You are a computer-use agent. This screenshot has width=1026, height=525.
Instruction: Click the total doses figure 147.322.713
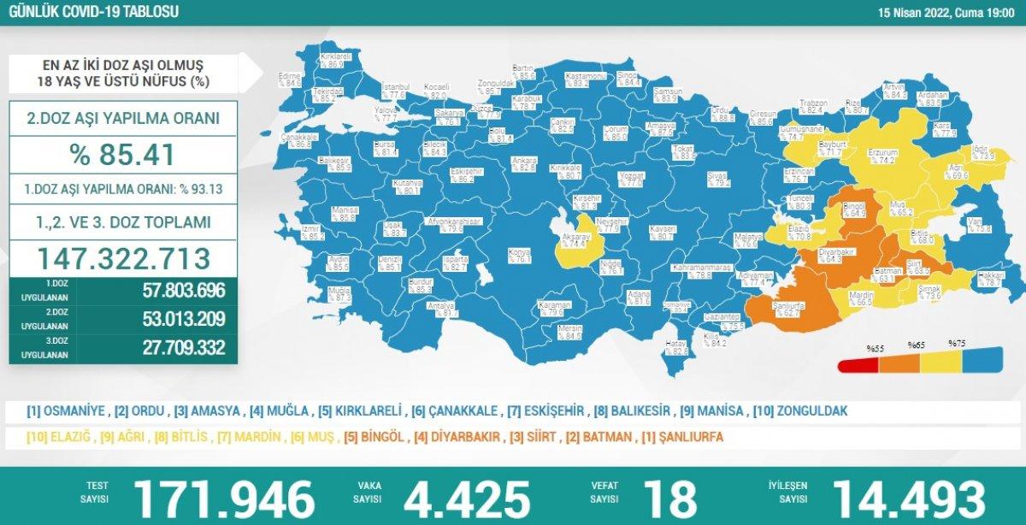point(123,257)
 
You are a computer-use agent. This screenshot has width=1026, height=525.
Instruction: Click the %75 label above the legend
point(956,344)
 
